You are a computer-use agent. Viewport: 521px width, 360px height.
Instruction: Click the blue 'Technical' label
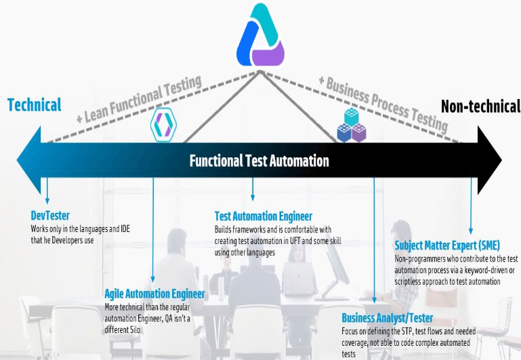[x=35, y=105]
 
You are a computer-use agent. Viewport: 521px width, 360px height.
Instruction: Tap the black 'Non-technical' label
[x=480, y=106]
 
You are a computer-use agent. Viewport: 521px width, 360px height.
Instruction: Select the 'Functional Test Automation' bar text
[x=259, y=161]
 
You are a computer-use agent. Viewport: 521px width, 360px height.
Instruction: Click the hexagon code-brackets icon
[x=163, y=125]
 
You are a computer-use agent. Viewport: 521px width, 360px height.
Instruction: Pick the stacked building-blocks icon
[x=352, y=125]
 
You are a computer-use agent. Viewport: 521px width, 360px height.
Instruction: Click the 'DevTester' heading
[x=50, y=216]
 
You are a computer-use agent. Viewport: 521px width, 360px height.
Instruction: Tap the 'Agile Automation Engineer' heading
[x=155, y=294]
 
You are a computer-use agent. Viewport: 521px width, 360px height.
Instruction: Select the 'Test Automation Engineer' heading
[x=264, y=216]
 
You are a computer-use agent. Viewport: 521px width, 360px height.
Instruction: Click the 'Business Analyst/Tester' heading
[x=388, y=318]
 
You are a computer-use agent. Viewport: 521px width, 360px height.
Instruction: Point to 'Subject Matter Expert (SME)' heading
[x=447, y=245]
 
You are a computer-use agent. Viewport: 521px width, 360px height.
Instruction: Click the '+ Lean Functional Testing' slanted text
[x=139, y=99]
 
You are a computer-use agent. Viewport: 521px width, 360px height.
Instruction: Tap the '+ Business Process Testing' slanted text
[x=383, y=103]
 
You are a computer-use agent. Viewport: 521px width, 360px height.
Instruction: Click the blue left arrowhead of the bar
[x=29, y=160]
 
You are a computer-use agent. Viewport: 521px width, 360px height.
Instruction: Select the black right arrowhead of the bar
[x=489, y=160]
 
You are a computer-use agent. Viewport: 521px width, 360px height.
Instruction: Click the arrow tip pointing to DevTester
[x=47, y=203]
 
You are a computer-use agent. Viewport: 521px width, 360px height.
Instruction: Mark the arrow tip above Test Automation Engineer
[x=253, y=200]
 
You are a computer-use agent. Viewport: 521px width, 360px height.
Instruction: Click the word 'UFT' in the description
[x=295, y=241]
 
